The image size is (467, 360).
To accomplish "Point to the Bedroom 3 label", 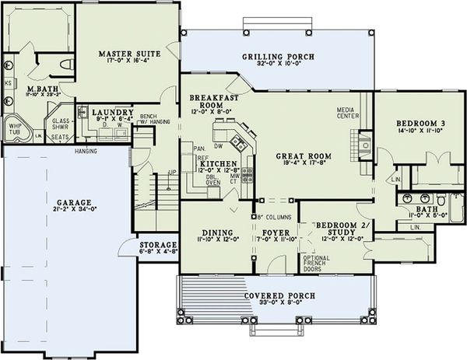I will pos(420,123).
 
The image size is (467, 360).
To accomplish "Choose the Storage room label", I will pos(158,243).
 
